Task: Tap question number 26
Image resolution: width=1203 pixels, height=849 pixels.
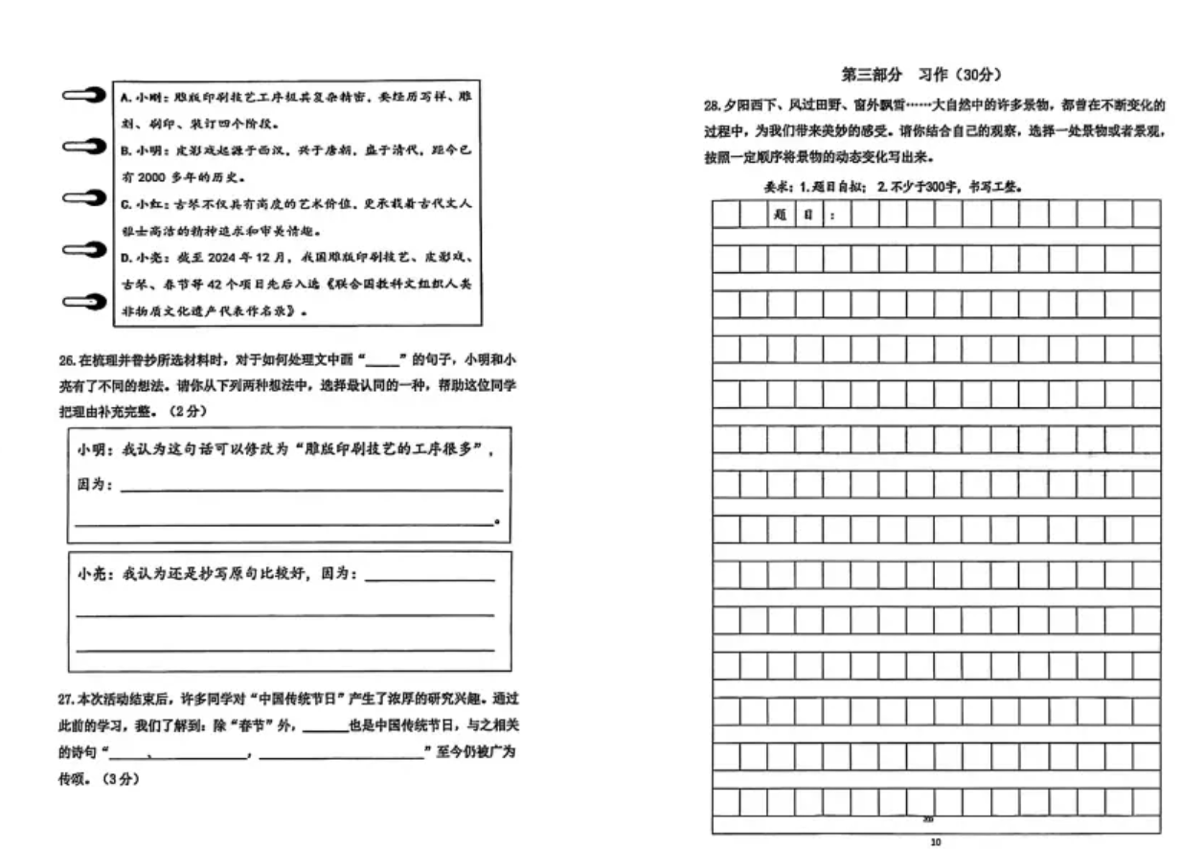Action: coord(66,360)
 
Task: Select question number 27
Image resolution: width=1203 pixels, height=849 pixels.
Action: coord(66,700)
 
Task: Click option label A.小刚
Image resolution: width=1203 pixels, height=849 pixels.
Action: coord(140,99)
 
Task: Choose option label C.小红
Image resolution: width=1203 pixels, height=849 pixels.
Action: coord(140,205)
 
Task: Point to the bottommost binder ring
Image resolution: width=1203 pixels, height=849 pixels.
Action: coord(83,302)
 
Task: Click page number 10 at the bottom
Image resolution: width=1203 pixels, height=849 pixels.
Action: coord(935,841)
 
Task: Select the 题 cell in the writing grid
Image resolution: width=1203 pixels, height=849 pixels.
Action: coord(781,216)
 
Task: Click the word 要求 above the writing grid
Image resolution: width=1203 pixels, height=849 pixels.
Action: coord(776,188)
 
